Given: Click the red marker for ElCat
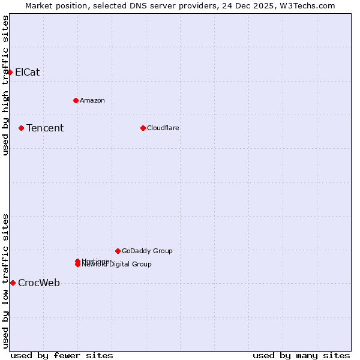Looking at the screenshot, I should point(10,72).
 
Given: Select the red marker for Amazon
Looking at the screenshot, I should point(76,100).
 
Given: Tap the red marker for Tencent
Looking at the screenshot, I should point(21,128).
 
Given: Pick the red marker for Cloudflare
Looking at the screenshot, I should point(143,128).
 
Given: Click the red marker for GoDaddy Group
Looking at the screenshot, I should point(118,251).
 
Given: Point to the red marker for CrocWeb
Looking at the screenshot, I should point(13,283).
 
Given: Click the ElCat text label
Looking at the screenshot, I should point(28,72).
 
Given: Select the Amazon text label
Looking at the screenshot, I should point(92,100).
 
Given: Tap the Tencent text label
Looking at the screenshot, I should point(45,128).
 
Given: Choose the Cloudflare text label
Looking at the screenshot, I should point(163,128).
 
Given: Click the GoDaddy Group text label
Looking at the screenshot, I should point(147,251).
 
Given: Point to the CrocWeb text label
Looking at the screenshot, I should point(39,283).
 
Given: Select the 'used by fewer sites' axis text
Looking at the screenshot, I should point(62,355).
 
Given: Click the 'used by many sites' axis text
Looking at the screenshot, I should point(301,355).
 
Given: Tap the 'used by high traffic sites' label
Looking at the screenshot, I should point(5,85).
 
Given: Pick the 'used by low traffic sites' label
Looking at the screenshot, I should point(5,280).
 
